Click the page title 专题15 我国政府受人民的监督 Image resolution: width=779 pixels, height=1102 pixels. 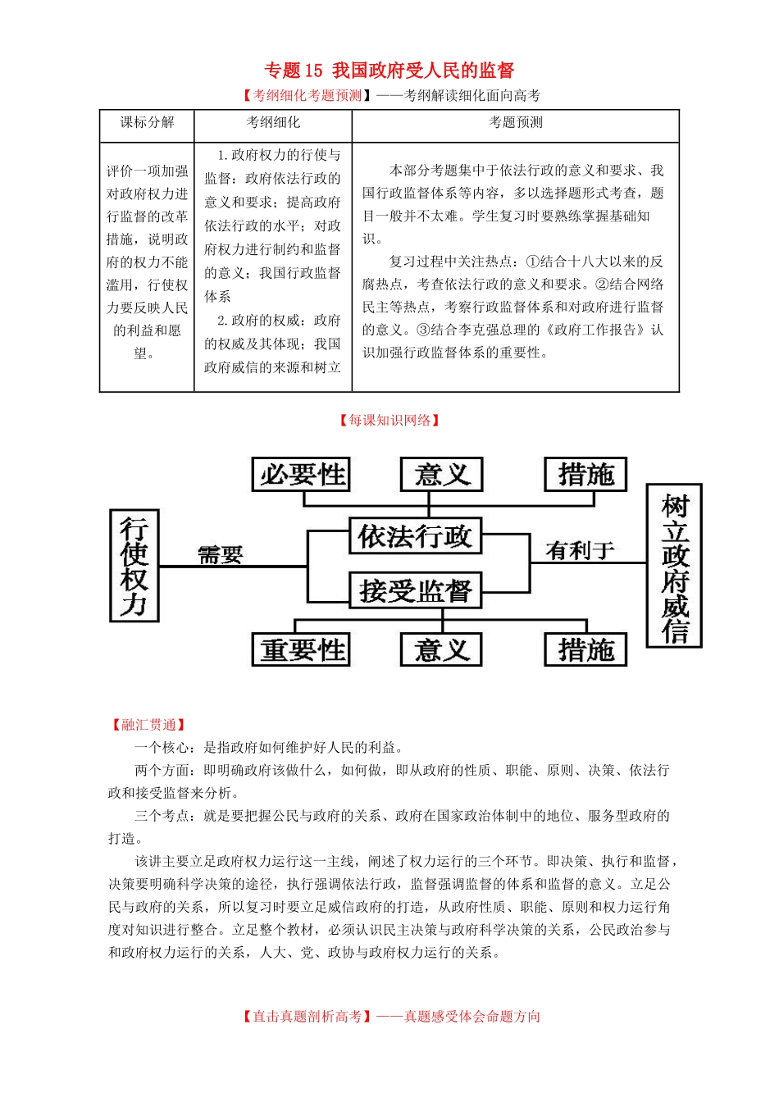389,71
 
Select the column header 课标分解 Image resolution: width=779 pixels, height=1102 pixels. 147,123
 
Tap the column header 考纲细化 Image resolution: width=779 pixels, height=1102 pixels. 273,123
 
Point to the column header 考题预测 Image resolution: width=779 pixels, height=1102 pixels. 516,123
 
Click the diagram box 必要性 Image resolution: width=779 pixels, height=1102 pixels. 301,475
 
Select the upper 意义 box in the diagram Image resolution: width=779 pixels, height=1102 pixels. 441,475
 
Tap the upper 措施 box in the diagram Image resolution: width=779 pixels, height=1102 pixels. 585,475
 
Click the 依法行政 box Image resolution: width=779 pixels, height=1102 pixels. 415,536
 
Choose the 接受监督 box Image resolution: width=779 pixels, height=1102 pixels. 415,590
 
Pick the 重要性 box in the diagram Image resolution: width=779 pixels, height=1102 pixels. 301,650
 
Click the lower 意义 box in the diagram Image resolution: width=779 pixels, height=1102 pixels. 441,650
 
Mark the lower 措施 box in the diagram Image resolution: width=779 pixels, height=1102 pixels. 585,650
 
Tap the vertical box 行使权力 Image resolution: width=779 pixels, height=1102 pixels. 134,565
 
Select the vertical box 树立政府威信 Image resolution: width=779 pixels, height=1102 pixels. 675,566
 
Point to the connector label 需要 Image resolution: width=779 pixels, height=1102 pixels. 221,555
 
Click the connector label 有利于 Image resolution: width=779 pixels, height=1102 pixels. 580,550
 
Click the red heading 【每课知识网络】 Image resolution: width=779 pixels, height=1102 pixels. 389,421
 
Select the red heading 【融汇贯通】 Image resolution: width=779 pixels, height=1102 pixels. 148,725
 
